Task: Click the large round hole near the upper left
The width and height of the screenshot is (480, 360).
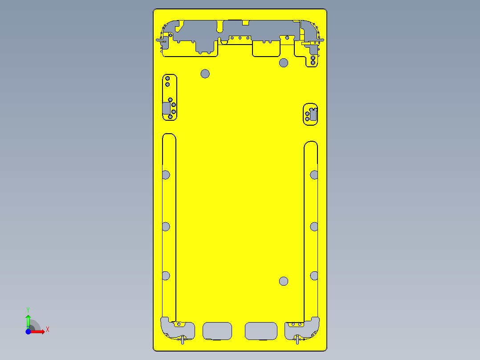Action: (205, 74)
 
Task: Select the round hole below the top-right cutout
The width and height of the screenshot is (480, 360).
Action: (284, 62)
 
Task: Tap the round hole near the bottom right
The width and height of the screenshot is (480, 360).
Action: (284, 281)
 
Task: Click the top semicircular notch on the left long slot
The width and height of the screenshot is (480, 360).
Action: (166, 175)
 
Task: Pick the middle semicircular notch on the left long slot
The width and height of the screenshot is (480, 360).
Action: (166, 227)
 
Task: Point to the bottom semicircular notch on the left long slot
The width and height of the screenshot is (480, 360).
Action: (166, 276)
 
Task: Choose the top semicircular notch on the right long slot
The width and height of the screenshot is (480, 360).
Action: (314, 175)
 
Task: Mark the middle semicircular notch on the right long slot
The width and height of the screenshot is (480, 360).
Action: (314, 227)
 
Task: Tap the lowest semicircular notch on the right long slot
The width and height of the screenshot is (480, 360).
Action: (314, 276)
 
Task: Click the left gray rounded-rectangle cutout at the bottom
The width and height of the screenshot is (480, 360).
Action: (217, 331)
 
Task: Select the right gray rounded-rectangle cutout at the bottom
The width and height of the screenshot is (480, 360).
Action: (261, 331)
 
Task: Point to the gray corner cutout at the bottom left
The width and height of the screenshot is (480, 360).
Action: (176, 330)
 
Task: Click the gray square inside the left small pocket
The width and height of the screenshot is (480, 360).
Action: (167, 108)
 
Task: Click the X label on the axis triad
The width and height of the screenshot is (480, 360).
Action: (47, 329)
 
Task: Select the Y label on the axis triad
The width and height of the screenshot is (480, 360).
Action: (28, 309)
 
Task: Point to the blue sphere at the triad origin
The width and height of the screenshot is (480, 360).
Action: (28, 331)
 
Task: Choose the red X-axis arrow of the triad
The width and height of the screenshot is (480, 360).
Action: (39, 331)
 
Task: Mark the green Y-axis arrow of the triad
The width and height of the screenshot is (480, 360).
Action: (28, 320)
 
